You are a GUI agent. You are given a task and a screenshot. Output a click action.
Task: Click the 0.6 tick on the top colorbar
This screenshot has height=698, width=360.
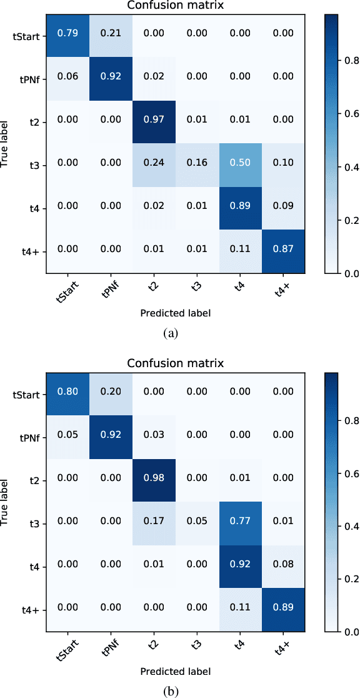coord(347,113)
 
